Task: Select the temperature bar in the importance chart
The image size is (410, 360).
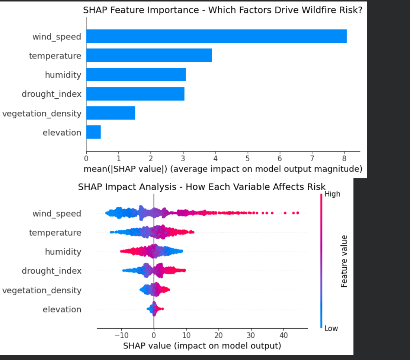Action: (149, 56)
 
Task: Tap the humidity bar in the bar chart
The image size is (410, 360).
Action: (136, 75)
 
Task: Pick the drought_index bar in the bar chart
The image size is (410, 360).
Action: (135, 94)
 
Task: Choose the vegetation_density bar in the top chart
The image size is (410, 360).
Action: (110, 113)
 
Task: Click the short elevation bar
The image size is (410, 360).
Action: (93, 133)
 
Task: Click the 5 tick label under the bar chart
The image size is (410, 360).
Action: (247, 158)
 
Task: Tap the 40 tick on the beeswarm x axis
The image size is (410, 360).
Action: (284, 335)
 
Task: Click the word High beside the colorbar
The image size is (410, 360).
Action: (332, 194)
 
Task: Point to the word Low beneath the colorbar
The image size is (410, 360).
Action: (331, 329)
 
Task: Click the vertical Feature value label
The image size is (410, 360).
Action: (344, 261)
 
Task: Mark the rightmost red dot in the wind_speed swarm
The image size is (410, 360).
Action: (298, 213)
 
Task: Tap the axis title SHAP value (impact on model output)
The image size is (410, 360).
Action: (202, 346)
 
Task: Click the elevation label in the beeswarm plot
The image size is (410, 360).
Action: (62, 309)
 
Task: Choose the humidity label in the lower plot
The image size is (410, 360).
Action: (63, 252)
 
